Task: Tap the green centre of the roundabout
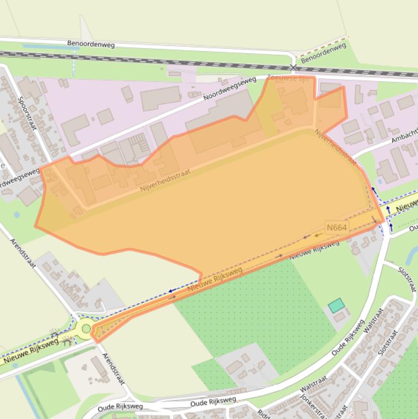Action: pos(86,328)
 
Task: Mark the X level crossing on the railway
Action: pos(294,67)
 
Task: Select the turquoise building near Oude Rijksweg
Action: pos(336,305)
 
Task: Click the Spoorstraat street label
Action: pos(26,113)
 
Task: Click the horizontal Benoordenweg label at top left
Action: pos(91,44)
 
